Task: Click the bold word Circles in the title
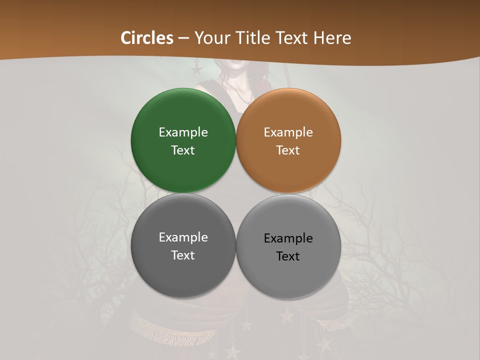147,38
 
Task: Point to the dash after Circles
183,38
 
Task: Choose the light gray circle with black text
288,275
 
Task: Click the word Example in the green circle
183,132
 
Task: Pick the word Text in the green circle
183,150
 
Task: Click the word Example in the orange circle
288,132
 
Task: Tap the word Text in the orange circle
288,150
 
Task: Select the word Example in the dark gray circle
183,237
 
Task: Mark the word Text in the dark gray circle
183,255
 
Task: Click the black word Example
288,238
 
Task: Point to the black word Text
288,256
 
